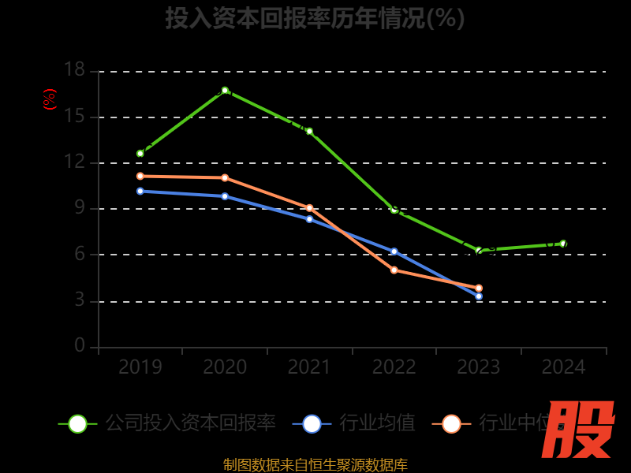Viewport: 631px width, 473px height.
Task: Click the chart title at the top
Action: [x=315, y=17]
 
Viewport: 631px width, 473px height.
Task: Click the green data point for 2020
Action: [x=225, y=90]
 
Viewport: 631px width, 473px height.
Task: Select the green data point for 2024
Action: [x=563, y=244]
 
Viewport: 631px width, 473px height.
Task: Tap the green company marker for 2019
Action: [x=140, y=154]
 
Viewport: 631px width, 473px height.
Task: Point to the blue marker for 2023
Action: [x=479, y=296]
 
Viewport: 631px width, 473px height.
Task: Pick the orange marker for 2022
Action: [x=394, y=270]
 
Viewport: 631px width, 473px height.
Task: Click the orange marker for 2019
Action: [x=140, y=176]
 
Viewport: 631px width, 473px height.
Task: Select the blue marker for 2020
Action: [x=225, y=196]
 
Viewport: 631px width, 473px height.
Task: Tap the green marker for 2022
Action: [x=394, y=210]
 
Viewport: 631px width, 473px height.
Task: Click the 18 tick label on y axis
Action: [x=74, y=70]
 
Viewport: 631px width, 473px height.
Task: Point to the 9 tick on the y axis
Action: [x=80, y=208]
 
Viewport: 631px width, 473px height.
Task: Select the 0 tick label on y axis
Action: [x=80, y=346]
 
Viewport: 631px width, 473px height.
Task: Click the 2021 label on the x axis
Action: [x=309, y=367]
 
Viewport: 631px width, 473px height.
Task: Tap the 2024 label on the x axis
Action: [x=563, y=367]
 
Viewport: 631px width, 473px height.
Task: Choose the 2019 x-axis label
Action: [x=140, y=367]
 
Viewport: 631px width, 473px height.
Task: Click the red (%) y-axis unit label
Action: [x=50, y=99]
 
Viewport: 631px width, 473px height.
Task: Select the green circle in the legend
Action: [x=77, y=423]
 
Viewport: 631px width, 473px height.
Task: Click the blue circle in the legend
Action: [x=312, y=423]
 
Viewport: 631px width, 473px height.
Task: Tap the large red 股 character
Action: [x=579, y=430]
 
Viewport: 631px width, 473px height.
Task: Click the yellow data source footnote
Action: [x=315, y=464]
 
